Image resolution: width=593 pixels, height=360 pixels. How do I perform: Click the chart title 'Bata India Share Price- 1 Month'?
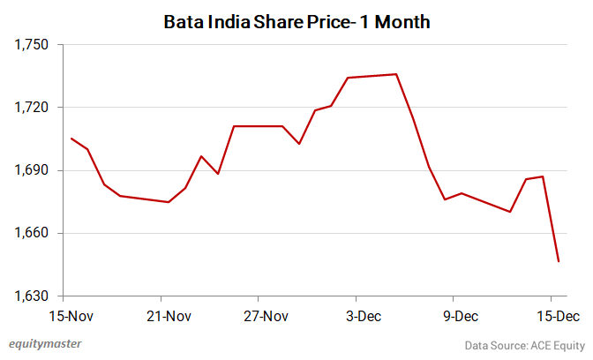(x=296, y=21)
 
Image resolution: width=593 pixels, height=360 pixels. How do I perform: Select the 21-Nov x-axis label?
(x=168, y=315)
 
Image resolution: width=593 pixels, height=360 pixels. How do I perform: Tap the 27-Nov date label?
(x=266, y=315)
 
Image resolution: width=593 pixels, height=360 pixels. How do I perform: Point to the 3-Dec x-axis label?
(x=364, y=315)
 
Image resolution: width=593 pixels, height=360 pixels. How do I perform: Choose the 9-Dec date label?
(x=461, y=315)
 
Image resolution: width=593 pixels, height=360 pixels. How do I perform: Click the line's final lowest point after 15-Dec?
(x=559, y=261)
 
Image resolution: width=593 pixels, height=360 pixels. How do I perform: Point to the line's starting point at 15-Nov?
(x=71, y=138)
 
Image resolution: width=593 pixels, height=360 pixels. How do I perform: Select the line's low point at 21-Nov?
(x=169, y=202)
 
